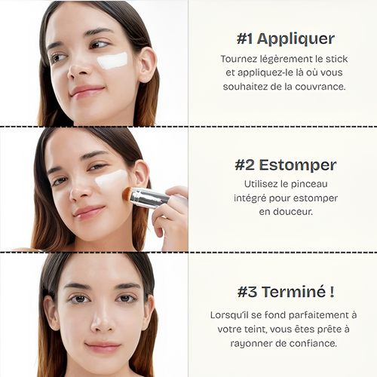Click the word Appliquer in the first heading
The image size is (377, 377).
[x=296, y=39]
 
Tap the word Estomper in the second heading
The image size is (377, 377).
[x=298, y=165]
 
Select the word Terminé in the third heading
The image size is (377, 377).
[x=293, y=292]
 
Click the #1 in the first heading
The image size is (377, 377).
[x=244, y=38]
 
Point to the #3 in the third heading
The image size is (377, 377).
[x=247, y=292]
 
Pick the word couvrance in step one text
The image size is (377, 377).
[x=320, y=87]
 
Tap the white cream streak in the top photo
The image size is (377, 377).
[x=112, y=60]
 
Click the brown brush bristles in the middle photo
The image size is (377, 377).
[x=127, y=194]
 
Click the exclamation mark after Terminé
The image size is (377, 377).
[x=332, y=292]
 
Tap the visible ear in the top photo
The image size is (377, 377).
[x=148, y=64]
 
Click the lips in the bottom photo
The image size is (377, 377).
[x=103, y=347]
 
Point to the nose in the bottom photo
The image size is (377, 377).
[x=103, y=321]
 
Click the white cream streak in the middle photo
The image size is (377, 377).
[x=112, y=178]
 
